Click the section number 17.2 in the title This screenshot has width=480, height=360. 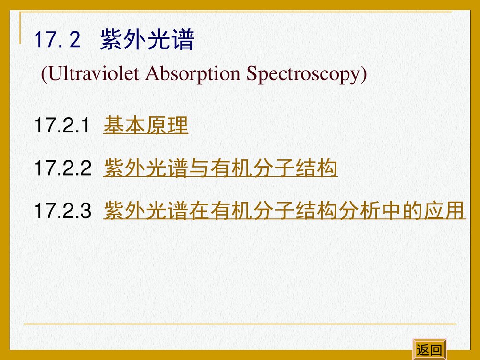[57, 41]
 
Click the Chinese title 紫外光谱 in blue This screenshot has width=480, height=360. [146, 41]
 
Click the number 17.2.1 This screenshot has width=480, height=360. [62, 126]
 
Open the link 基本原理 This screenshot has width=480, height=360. [145, 126]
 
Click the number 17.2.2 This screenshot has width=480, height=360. [62, 169]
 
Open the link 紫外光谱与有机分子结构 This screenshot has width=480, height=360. [220, 169]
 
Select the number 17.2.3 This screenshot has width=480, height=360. [62, 211]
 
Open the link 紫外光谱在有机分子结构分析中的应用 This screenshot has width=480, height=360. [284, 211]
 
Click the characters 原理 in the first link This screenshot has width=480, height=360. [167, 126]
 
